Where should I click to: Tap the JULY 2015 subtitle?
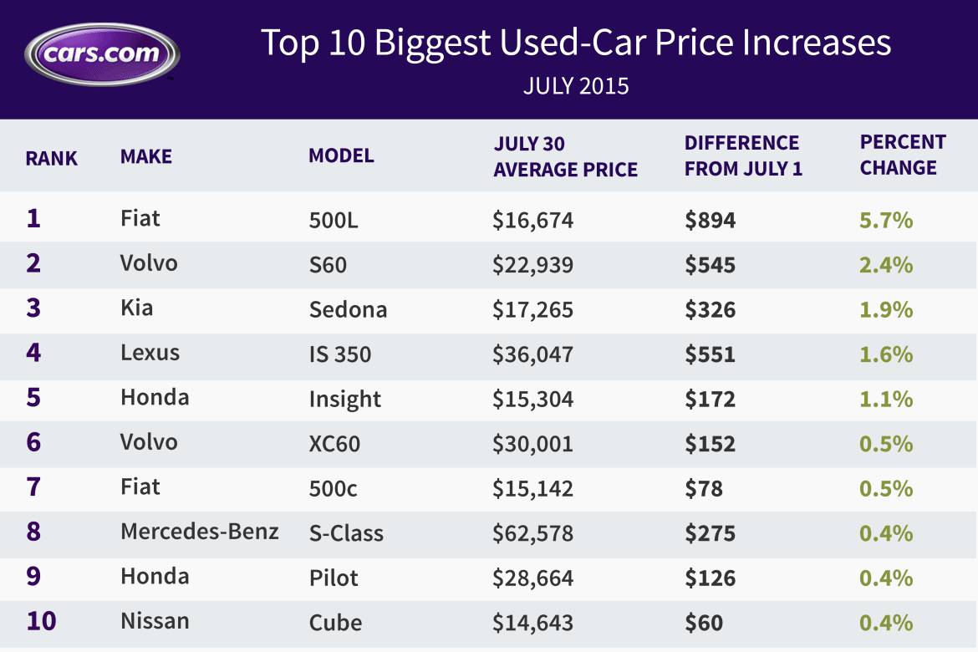click(x=576, y=86)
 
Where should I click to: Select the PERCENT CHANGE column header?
click(x=903, y=155)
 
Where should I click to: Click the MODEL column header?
click(x=341, y=155)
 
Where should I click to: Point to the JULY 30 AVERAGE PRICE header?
click(x=565, y=156)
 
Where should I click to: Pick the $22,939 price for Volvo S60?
click(x=532, y=265)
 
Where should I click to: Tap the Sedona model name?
click(x=348, y=310)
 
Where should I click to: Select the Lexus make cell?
click(x=150, y=352)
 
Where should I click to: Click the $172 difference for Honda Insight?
click(x=710, y=400)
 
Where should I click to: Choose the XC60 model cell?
click(x=334, y=444)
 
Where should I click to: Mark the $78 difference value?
click(x=704, y=488)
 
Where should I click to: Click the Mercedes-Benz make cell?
click(x=200, y=531)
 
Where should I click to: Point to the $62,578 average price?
click(x=532, y=533)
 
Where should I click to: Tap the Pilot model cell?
click(x=333, y=578)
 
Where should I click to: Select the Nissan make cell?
click(x=155, y=621)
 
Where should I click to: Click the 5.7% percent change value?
click(x=886, y=221)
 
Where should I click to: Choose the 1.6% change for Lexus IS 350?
click(x=886, y=354)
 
